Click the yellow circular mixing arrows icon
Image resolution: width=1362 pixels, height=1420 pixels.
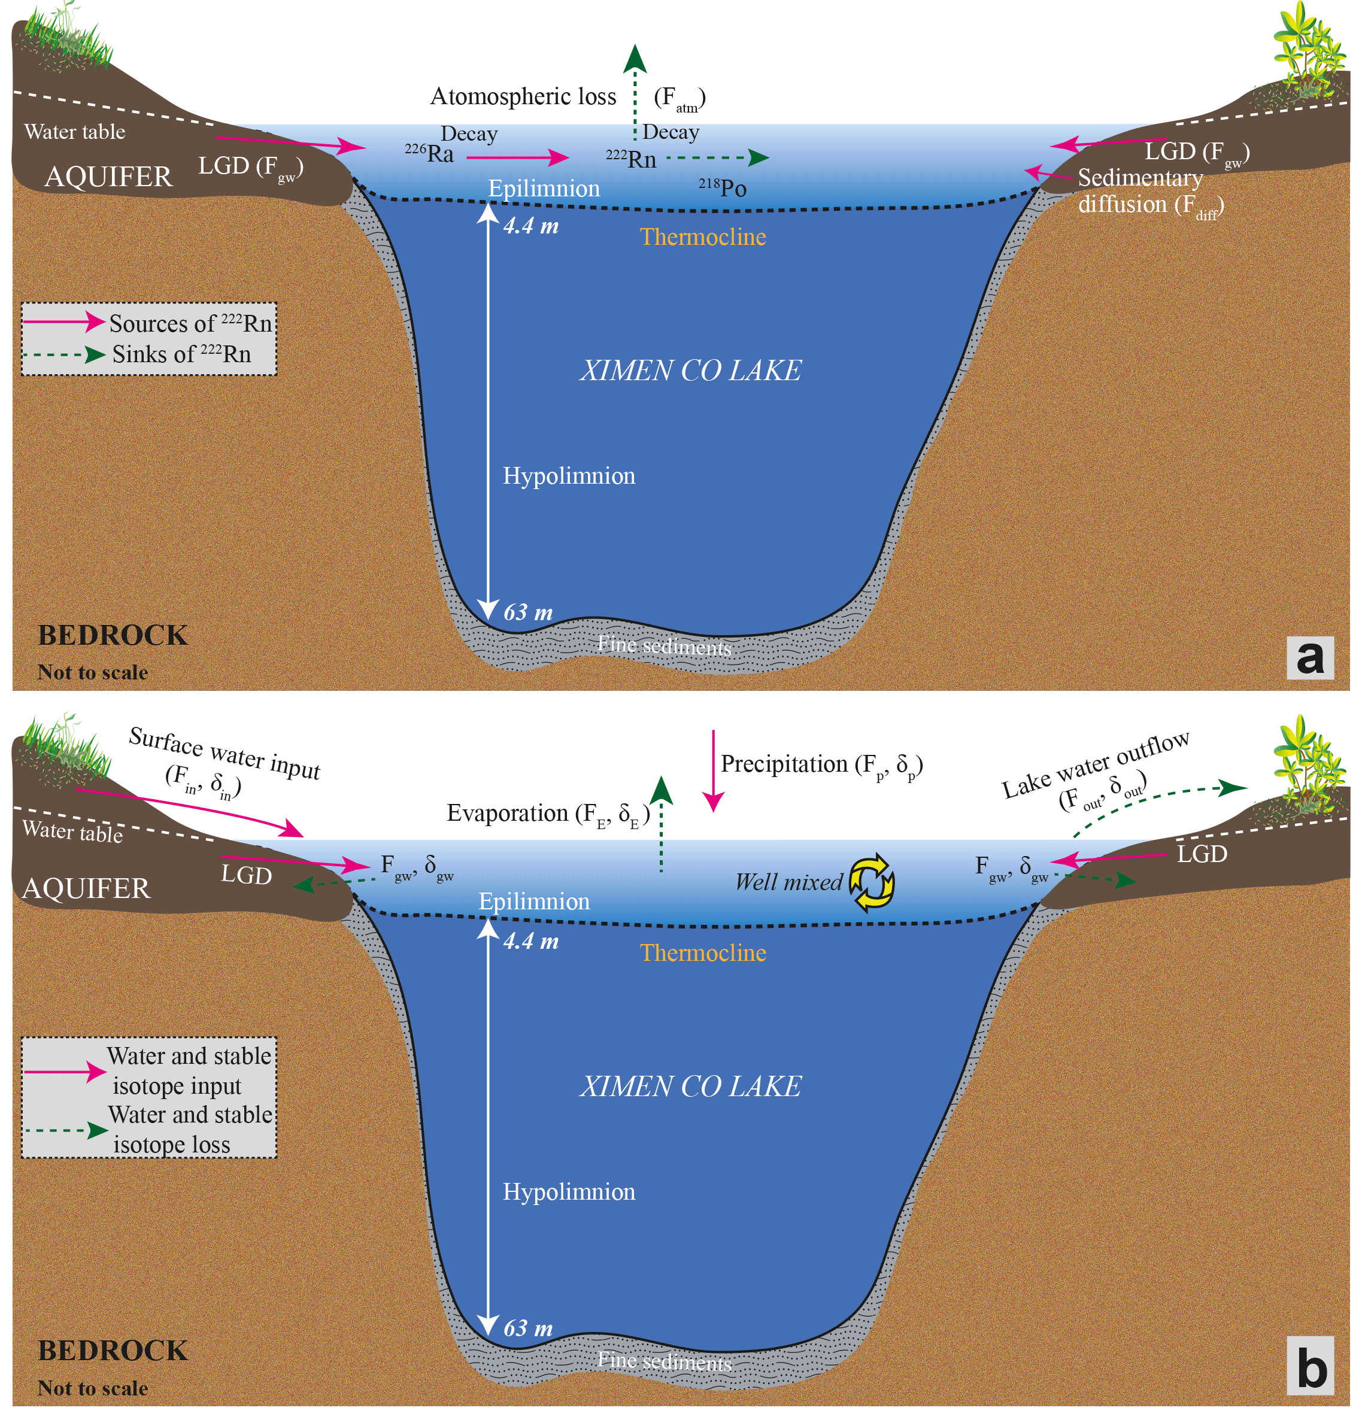click(x=871, y=882)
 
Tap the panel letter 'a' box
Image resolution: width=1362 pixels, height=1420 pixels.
click(x=1309, y=657)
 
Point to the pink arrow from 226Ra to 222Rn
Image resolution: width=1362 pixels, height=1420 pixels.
click(x=528, y=156)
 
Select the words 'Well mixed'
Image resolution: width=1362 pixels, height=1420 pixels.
click(x=788, y=882)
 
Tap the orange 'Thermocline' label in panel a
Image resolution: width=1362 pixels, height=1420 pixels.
click(x=703, y=237)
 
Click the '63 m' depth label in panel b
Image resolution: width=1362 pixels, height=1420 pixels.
click(x=528, y=1328)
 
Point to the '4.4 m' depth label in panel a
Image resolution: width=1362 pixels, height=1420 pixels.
click(x=531, y=225)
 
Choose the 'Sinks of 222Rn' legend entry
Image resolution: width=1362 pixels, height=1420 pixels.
click(x=181, y=354)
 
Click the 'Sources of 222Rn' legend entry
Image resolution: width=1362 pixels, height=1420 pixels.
click(x=190, y=323)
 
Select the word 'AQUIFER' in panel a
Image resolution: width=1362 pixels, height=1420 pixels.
click(x=109, y=177)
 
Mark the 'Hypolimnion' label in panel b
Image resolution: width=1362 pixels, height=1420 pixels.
click(x=569, y=1192)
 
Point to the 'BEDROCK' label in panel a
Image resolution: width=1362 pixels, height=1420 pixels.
click(x=113, y=635)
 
